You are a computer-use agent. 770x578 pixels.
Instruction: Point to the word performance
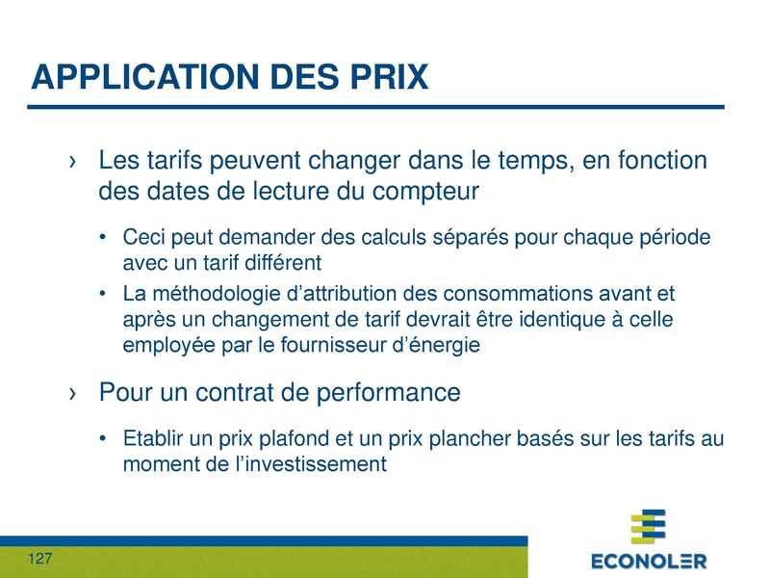point(389,393)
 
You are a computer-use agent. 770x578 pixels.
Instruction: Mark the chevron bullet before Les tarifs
point(73,161)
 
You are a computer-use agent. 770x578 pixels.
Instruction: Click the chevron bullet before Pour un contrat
point(73,393)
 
